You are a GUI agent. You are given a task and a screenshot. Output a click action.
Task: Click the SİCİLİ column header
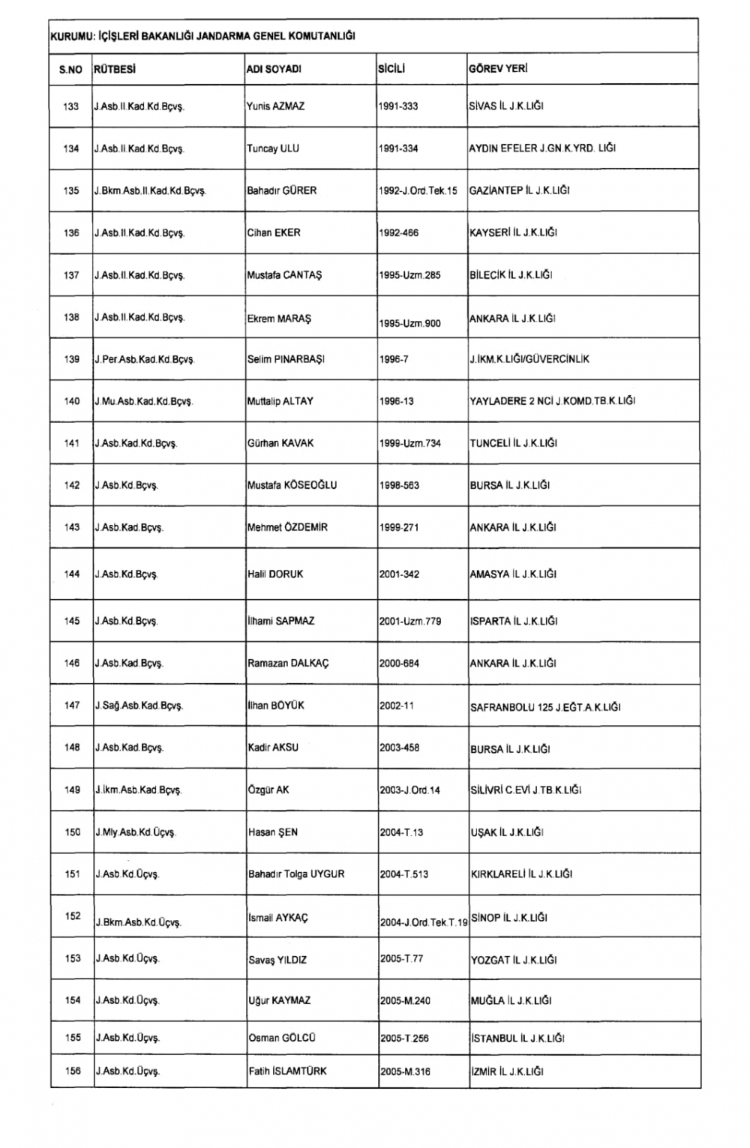click(391, 69)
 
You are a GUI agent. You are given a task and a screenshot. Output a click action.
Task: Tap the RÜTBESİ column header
click(114, 70)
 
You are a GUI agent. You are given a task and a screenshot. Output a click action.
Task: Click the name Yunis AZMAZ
click(275, 106)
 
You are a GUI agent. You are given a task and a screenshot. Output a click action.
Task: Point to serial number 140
click(71, 401)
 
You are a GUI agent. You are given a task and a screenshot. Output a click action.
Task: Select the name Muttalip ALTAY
click(280, 401)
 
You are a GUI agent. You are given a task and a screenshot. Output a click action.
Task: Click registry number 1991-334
click(399, 148)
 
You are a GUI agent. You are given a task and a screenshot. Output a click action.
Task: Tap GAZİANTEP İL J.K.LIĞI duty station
click(519, 190)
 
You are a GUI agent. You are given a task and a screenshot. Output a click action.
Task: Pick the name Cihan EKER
click(274, 232)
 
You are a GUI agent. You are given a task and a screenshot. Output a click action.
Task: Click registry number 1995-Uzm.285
click(409, 275)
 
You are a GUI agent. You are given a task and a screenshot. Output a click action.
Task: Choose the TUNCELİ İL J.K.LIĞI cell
click(513, 443)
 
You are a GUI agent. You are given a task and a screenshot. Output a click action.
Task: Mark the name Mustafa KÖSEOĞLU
click(292, 485)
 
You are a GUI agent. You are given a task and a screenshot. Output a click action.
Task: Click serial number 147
click(72, 705)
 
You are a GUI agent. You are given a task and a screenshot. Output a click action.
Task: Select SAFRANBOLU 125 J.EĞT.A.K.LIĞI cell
click(545, 707)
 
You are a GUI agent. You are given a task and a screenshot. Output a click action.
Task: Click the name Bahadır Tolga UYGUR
click(296, 874)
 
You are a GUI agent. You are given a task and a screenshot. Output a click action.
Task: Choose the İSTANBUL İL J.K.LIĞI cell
click(517, 1039)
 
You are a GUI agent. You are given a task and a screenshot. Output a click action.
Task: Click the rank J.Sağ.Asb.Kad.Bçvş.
click(139, 706)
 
